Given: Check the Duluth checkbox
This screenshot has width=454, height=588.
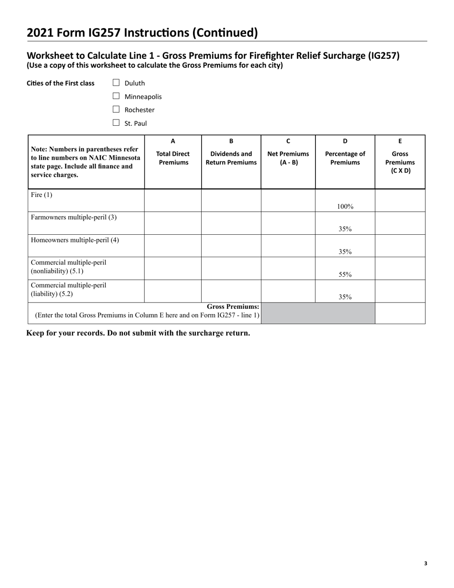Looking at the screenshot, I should coord(116,83).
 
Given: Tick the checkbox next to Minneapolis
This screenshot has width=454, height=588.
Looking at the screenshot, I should coord(116,96).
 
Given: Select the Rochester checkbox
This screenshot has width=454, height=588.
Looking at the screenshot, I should coord(116,109).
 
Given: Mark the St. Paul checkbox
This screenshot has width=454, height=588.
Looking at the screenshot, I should coord(116,123).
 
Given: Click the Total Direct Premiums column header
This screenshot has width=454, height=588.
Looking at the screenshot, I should coord(173,158).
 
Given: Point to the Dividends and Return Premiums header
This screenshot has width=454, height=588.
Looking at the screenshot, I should coord(231,158).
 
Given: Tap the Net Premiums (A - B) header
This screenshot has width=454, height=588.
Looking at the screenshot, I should coord(288,158).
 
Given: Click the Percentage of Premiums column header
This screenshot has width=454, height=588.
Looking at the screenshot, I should coord(345,158).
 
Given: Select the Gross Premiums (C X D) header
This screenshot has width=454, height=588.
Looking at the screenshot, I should coord(400,162).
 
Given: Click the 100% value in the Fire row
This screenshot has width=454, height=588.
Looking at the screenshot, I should coord(345,207).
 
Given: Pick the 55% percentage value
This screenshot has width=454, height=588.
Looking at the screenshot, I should coord(345,274).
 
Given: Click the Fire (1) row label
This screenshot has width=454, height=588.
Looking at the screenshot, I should coord(42,195).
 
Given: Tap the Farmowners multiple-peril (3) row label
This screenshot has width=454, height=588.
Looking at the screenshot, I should coord(74,218).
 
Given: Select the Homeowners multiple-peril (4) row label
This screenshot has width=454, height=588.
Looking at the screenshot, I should coord(75,240).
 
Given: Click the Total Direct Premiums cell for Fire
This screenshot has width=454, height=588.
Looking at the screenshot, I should coord(173,200).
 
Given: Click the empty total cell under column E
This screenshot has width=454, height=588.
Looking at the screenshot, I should coord(400,313).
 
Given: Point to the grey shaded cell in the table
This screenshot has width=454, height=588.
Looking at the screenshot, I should coord(318,313).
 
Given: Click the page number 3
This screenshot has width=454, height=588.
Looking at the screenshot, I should coord(425,564).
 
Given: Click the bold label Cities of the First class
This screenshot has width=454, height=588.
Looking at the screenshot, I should coord(61,83).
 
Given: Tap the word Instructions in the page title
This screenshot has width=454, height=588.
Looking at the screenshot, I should coord(159,33).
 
